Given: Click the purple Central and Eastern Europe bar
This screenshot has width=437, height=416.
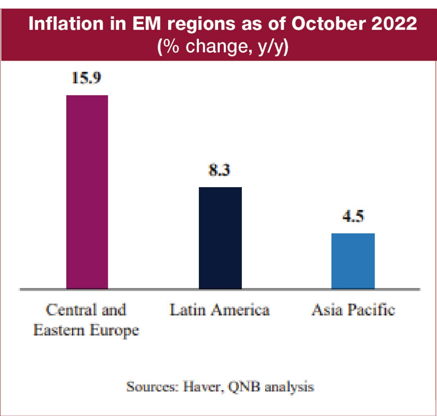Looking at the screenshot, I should (x=87, y=191).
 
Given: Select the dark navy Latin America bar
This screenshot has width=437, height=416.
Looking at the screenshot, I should (x=220, y=238).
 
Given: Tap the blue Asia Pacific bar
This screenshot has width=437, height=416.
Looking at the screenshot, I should (x=353, y=260).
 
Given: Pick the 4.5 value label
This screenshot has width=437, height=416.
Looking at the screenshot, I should (x=353, y=217).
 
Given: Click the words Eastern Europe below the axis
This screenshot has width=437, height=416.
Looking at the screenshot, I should (x=86, y=331).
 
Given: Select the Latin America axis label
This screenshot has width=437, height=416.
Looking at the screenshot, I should (x=220, y=310).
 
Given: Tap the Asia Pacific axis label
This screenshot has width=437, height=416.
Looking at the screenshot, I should (x=353, y=310).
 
